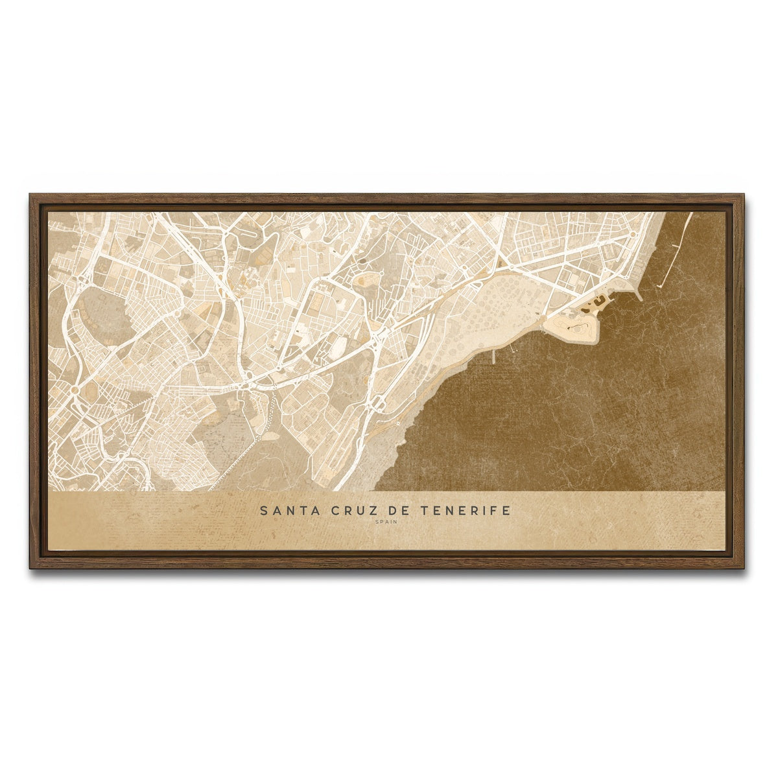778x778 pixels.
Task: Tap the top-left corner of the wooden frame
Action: (30, 195)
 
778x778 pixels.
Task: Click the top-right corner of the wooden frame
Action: (742, 195)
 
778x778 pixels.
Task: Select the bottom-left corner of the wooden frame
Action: (30, 567)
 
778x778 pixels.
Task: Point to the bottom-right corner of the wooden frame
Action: (742, 567)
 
